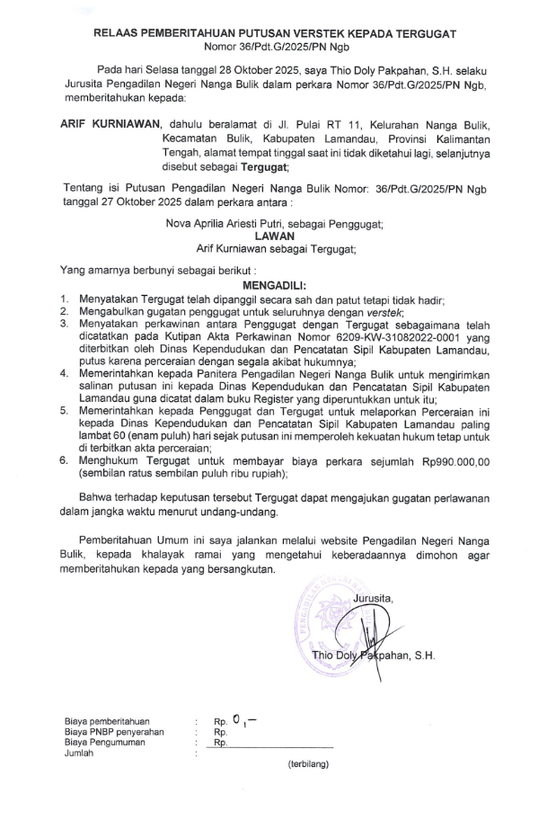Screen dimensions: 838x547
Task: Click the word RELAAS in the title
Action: click(x=119, y=33)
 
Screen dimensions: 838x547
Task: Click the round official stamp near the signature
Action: click(x=331, y=629)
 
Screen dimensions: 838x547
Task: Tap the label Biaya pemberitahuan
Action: click(x=107, y=721)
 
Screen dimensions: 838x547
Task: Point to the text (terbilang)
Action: click(x=308, y=765)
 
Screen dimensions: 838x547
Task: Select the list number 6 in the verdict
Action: click(x=64, y=460)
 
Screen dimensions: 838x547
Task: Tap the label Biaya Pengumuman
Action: click(x=106, y=743)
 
